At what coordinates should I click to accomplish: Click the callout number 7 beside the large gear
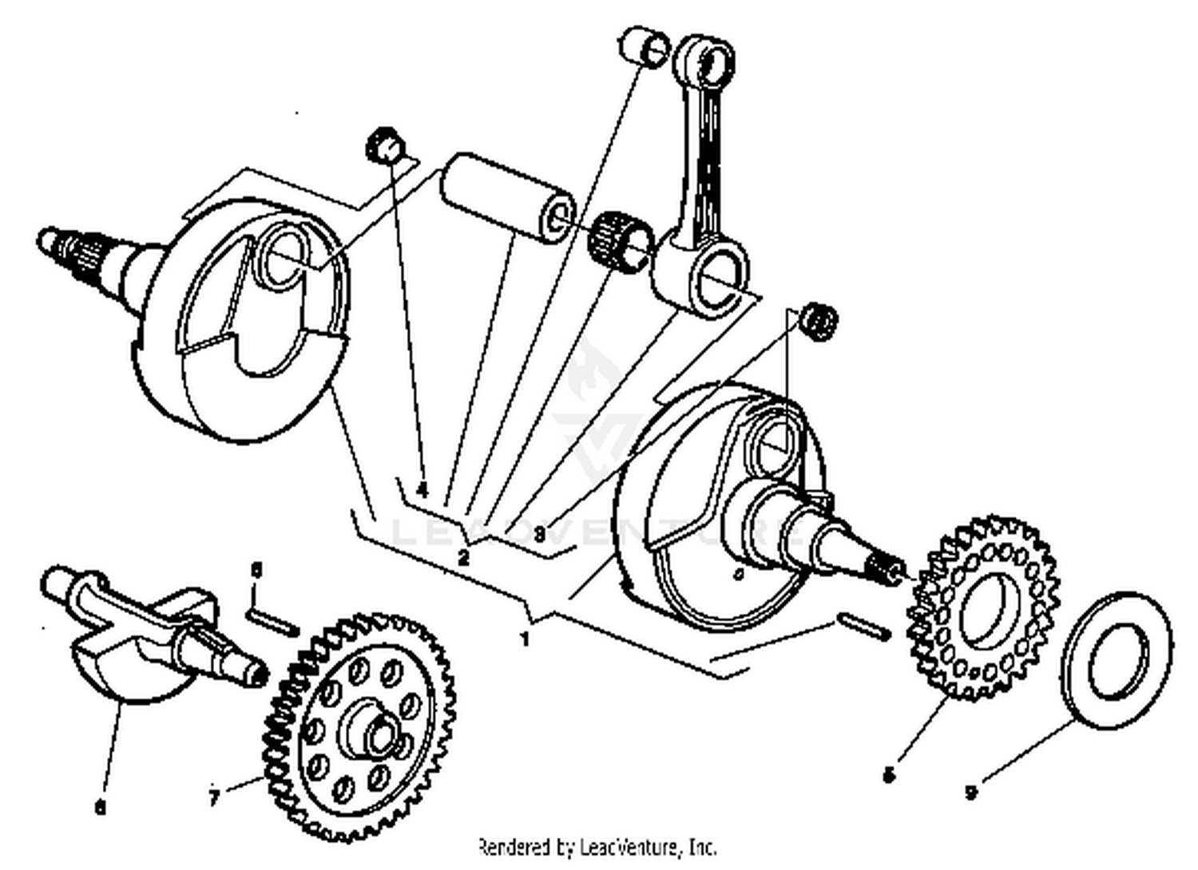click(213, 797)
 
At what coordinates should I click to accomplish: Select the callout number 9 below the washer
click(970, 793)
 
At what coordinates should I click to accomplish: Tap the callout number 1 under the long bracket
click(525, 639)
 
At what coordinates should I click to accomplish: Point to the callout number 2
click(464, 557)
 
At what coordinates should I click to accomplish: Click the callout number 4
click(422, 488)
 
